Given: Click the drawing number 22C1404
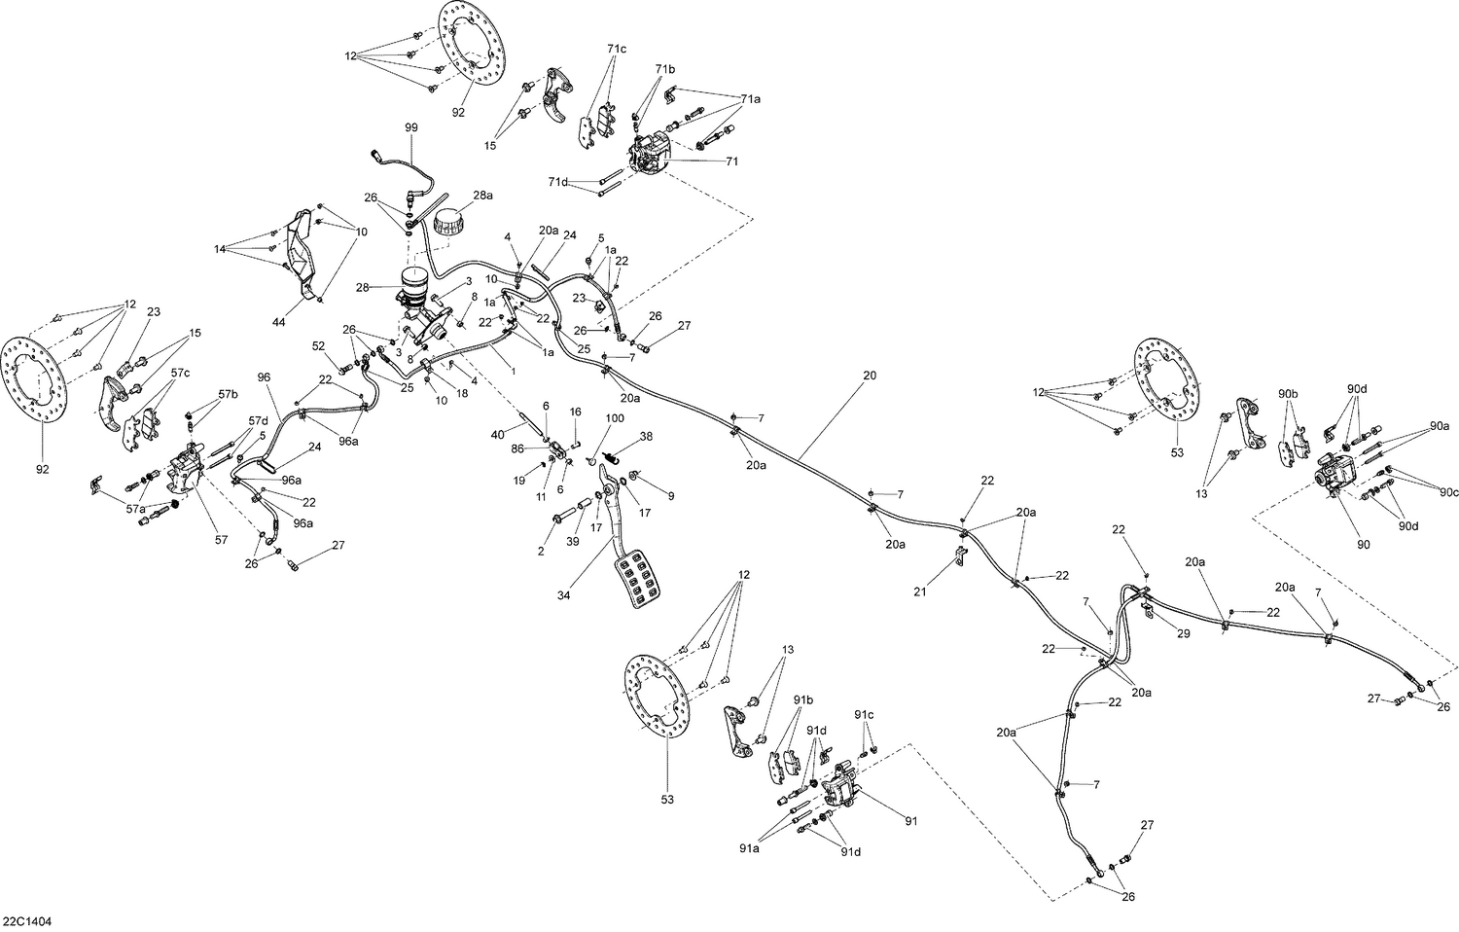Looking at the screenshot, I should click(x=26, y=920).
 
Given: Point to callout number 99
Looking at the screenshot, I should click(x=411, y=127).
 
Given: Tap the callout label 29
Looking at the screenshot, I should click(x=1183, y=633).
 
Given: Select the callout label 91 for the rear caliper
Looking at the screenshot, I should click(x=910, y=821).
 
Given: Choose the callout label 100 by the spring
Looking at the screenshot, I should click(x=615, y=417).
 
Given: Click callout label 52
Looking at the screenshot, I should click(x=319, y=345).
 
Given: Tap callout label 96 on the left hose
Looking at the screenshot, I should click(x=263, y=376).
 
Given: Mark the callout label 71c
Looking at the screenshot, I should click(x=617, y=50).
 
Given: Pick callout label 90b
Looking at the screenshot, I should click(x=1288, y=393).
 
